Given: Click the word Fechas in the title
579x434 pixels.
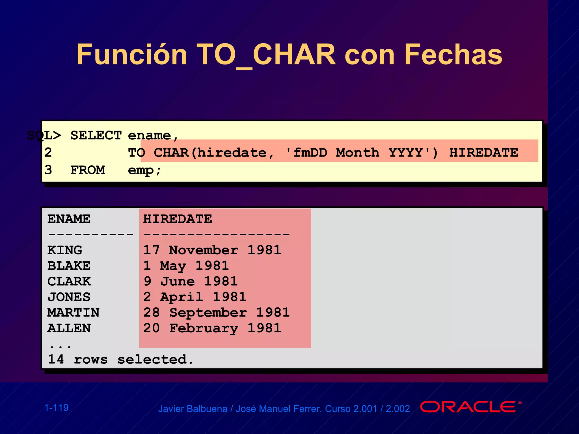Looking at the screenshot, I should [x=453, y=55].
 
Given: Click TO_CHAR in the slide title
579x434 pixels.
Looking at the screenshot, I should [x=266, y=55].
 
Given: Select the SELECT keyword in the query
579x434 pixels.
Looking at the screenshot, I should [x=96, y=135].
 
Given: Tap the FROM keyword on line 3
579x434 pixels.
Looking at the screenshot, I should [x=87, y=170].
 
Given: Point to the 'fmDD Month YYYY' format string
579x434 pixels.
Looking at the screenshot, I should [x=362, y=153].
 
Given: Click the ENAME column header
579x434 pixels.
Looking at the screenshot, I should [x=69, y=219].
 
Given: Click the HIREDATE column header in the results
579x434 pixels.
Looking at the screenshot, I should [x=178, y=219].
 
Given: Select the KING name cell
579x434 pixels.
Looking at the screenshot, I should [x=65, y=250].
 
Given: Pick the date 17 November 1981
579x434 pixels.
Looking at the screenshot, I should [x=212, y=250].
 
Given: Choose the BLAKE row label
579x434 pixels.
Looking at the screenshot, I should [x=69, y=266].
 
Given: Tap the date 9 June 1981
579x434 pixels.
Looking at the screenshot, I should [x=191, y=281].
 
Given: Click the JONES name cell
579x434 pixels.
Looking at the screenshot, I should [x=69, y=297].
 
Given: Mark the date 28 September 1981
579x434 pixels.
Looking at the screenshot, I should [x=216, y=313].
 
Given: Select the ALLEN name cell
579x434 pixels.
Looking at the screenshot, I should [x=69, y=328].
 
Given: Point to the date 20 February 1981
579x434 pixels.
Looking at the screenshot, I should [x=212, y=328].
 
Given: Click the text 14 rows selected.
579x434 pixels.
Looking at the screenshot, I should [x=120, y=359].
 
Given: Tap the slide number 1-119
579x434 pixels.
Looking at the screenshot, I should [x=57, y=408].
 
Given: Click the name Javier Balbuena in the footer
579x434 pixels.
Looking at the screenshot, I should [x=193, y=409].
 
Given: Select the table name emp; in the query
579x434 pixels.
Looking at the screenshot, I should [x=144, y=170].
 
